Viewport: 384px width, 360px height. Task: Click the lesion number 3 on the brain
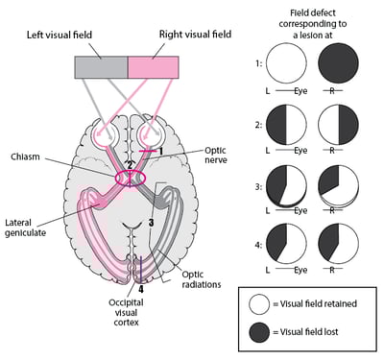coord(151,223)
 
